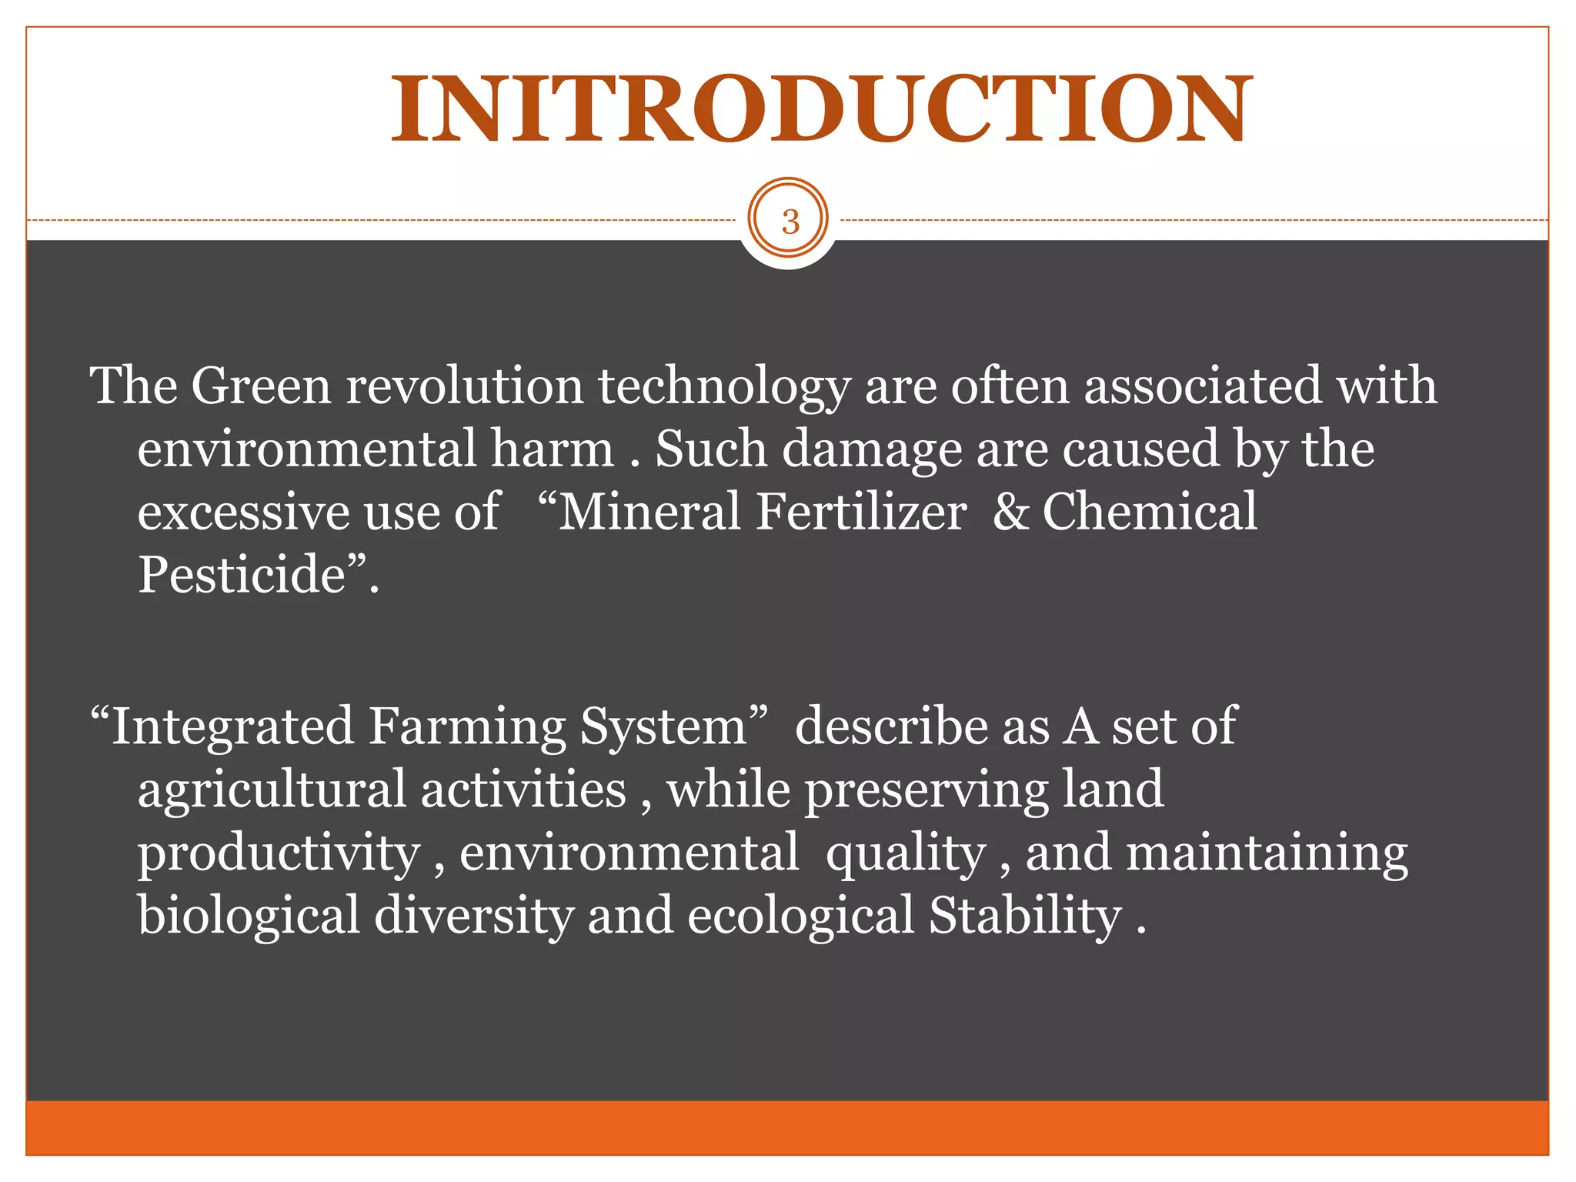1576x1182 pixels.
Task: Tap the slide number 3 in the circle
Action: coord(790,222)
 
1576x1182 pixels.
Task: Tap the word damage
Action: coord(872,451)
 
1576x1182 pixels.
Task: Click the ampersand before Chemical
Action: coord(1010,513)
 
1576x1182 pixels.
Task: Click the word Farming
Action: coord(466,728)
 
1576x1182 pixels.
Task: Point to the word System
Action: coord(663,728)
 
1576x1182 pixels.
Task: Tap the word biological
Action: coord(249,917)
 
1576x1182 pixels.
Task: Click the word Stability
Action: coord(1025,917)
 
